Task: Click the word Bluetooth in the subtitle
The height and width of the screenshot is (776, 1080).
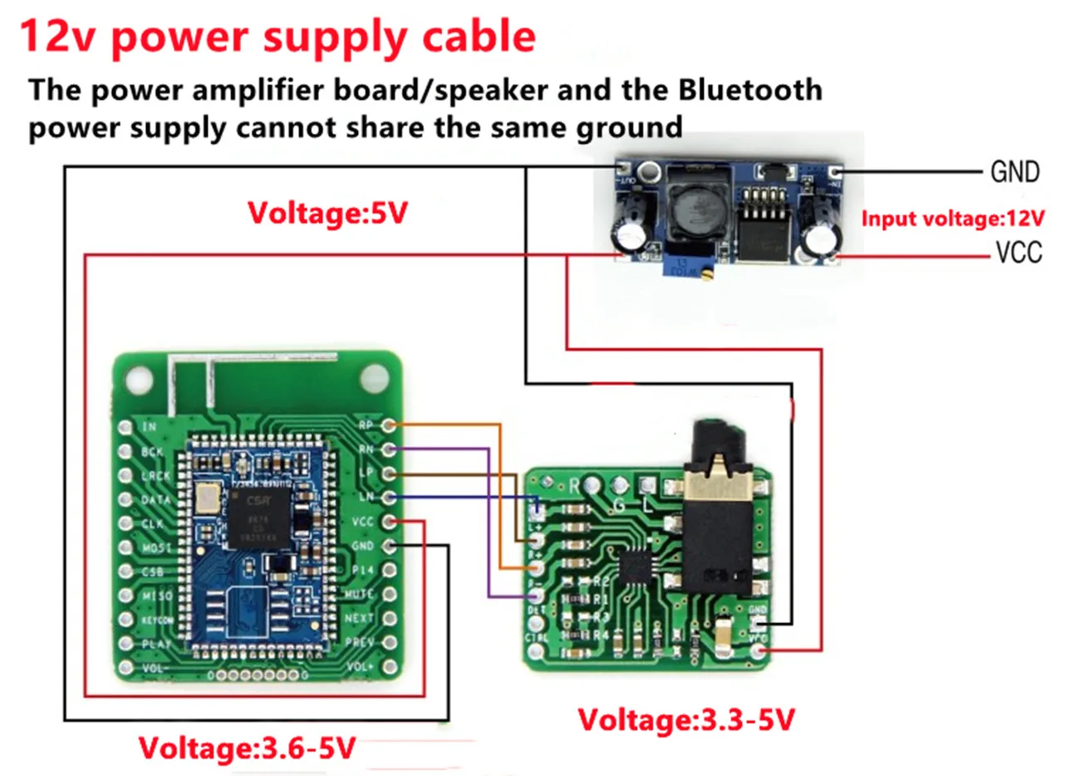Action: pos(750,90)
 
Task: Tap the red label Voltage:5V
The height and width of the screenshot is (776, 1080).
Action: pos(327,214)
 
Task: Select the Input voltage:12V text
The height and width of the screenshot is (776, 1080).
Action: pos(952,219)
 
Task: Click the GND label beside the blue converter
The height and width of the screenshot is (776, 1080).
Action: pos(1014,172)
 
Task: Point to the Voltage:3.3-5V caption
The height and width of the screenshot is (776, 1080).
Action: pos(686,719)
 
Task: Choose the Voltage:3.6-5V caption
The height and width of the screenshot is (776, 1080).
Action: pos(247,748)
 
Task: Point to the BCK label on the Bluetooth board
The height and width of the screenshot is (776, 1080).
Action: pos(152,451)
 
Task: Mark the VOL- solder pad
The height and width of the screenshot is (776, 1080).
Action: pos(125,668)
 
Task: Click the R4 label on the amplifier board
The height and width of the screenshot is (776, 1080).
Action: pos(600,635)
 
